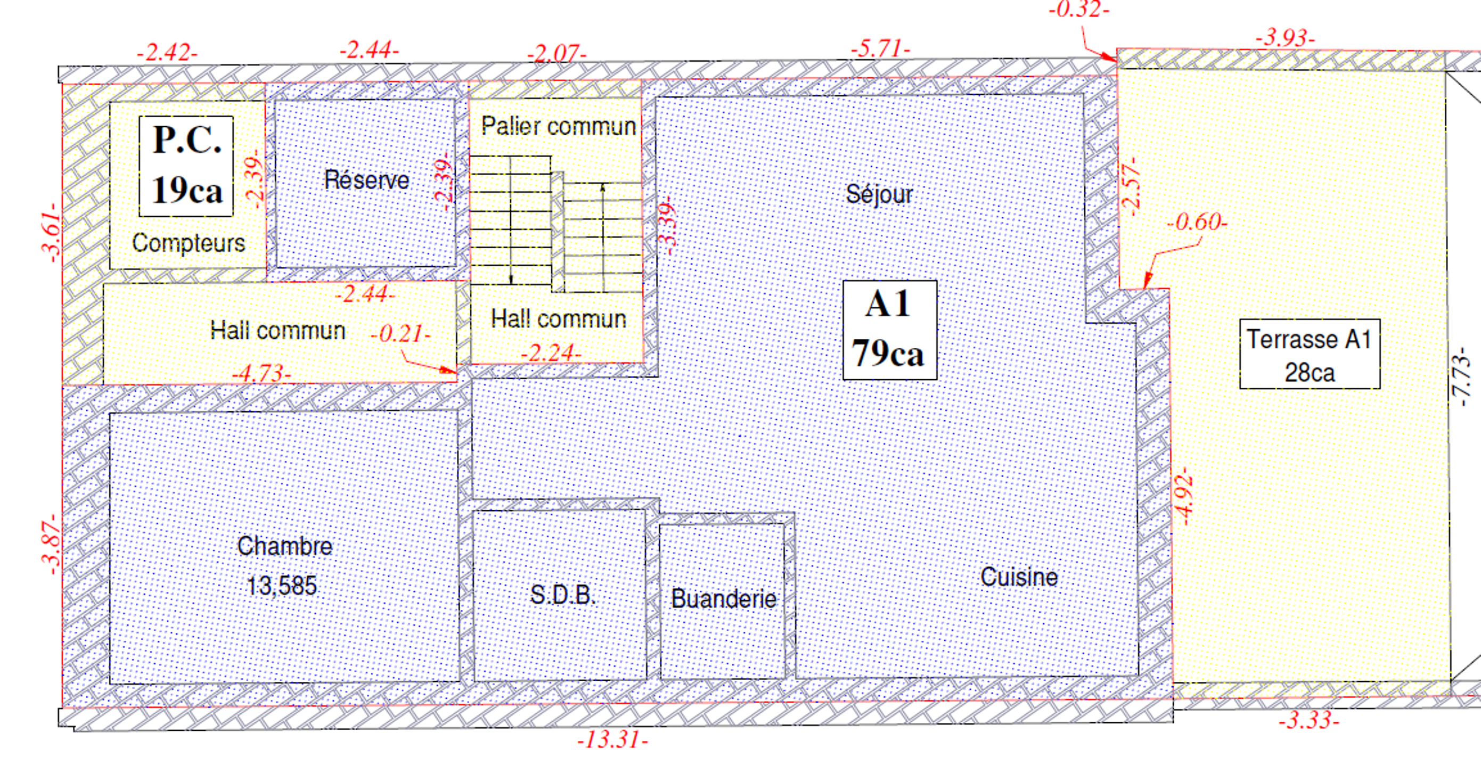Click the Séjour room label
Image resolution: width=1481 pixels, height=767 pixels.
879,194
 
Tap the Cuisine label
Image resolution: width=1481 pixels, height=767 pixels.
1019,577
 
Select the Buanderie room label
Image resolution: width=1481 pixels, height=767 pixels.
723,599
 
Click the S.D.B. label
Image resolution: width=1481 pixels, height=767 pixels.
562,594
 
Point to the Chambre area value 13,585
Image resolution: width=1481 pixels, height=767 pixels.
282,586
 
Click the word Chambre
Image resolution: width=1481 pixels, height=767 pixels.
284,546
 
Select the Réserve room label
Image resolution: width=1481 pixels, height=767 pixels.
367,180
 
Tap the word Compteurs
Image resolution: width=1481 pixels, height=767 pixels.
189,243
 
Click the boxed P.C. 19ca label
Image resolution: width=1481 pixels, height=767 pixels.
186,166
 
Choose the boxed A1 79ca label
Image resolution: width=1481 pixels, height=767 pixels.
889,330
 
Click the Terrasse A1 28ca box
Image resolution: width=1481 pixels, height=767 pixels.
1309,354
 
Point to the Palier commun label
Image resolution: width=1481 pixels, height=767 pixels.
558,126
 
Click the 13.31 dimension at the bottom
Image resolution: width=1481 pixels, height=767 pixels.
613,739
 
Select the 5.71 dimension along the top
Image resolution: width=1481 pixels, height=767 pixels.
880,48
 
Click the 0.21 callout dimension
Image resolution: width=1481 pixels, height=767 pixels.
400,333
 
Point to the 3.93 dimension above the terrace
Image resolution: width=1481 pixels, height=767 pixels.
1285,38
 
